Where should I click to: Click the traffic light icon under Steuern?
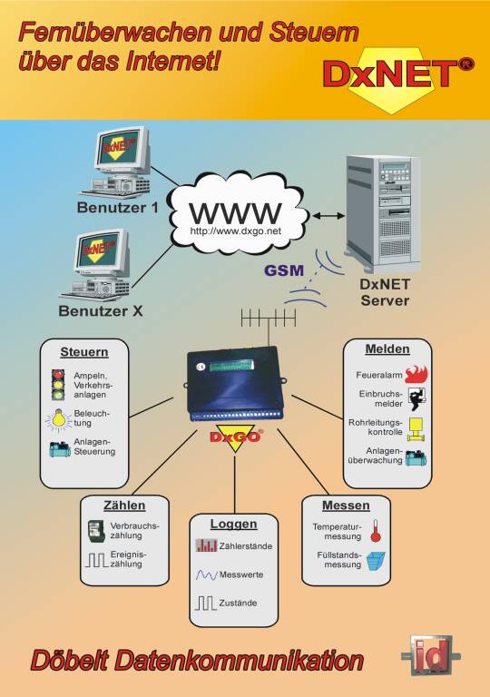pyautogui.click(x=58, y=385)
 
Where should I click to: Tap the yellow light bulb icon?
pyautogui.click(x=59, y=420)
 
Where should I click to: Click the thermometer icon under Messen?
pyautogui.click(x=376, y=531)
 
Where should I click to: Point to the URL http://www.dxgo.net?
pyautogui.click(x=236, y=231)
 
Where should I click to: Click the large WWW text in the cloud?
pyautogui.click(x=236, y=213)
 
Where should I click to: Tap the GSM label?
pyautogui.click(x=284, y=270)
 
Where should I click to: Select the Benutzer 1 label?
pyautogui.click(x=117, y=208)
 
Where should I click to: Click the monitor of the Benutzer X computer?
pyautogui.click(x=102, y=251)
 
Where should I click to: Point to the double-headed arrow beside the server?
pyautogui.click(x=328, y=216)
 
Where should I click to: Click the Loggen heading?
pyautogui.click(x=233, y=524)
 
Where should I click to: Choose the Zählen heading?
pyautogui.click(x=124, y=506)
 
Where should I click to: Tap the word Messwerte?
pyautogui.click(x=241, y=574)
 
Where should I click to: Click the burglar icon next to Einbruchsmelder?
pyautogui.click(x=417, y=398)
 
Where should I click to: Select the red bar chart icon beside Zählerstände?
pyautogui.click(x=206, y=545)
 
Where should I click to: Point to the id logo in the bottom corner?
pyautogui.click(x=430, y=655)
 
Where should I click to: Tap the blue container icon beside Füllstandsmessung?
pyautogui.click(x=376, y=561)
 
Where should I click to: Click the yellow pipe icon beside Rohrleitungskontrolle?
pyautogui.click(x=416, y=429)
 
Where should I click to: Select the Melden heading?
pyautogui.click(x=387, y=349)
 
